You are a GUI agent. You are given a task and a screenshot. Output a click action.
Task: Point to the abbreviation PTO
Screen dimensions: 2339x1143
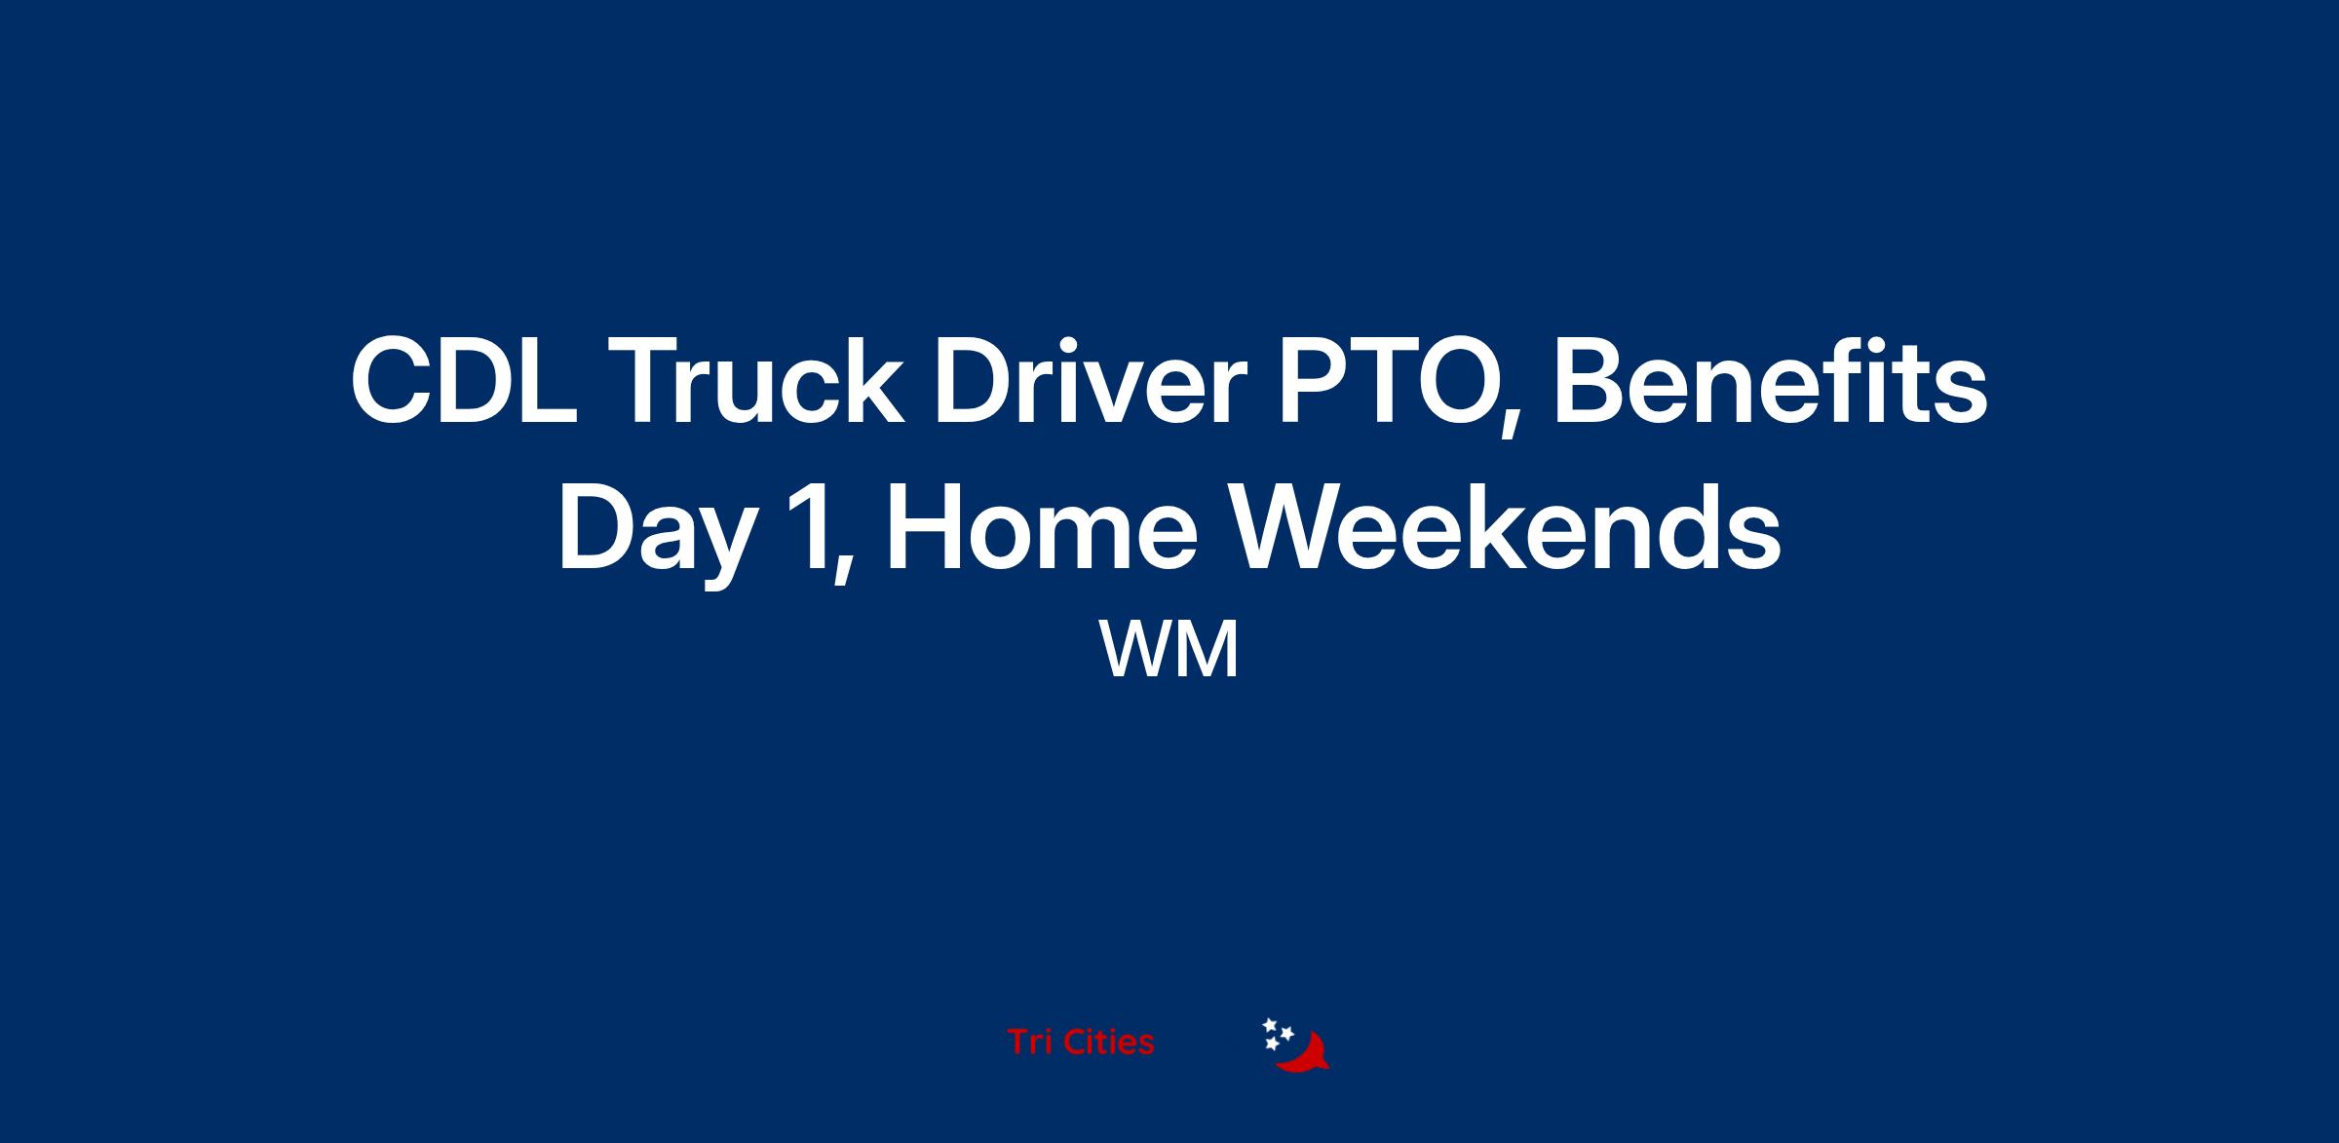point(1390,381)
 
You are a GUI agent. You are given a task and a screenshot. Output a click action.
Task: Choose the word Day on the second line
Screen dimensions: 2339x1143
point(658,531)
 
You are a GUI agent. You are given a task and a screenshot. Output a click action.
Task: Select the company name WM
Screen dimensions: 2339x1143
point(1169,650)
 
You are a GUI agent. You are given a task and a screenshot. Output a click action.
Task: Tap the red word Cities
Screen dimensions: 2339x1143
point(1106,1042)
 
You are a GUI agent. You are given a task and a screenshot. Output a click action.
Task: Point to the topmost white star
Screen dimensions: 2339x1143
point(1270,1025)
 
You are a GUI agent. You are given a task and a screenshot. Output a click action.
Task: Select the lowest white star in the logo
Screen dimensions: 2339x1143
point(1272,1044)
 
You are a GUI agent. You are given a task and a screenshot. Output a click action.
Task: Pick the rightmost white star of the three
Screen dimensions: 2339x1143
point(1286,1033)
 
